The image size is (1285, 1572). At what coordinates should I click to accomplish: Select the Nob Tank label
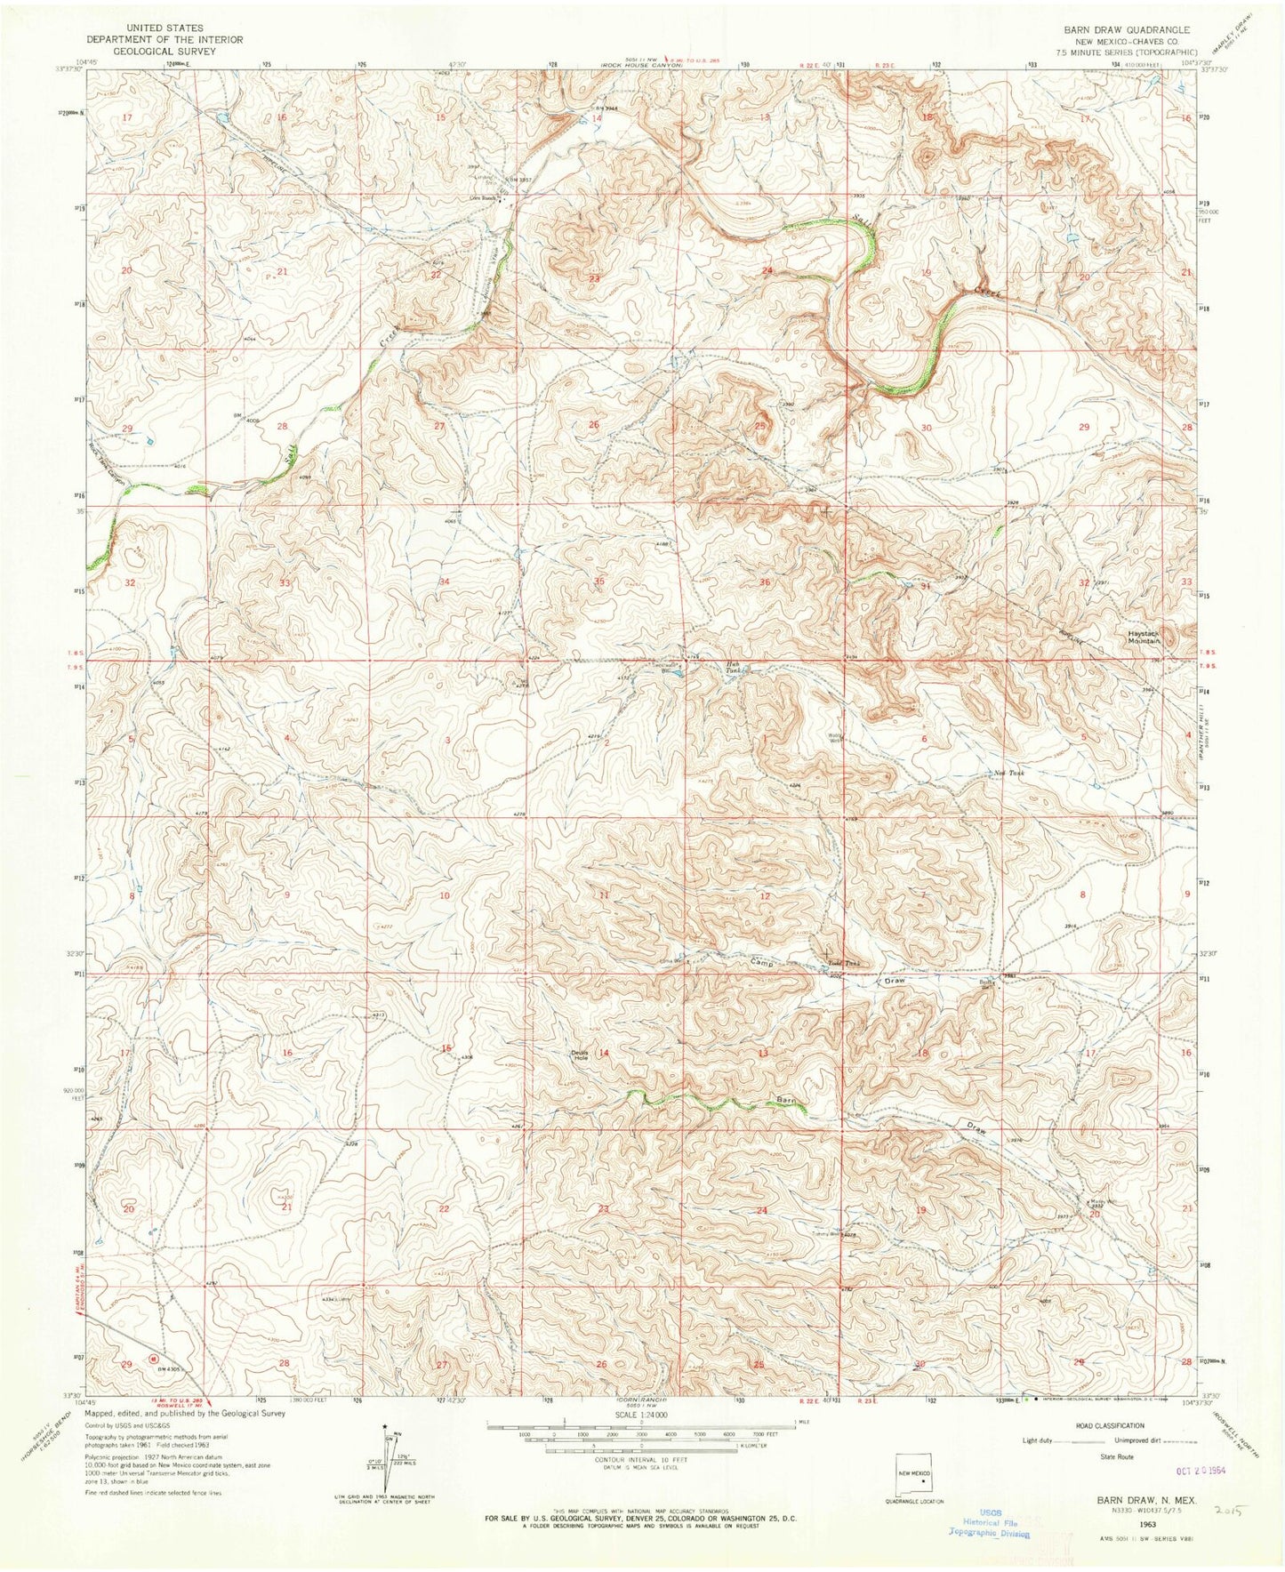(1009, 773)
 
